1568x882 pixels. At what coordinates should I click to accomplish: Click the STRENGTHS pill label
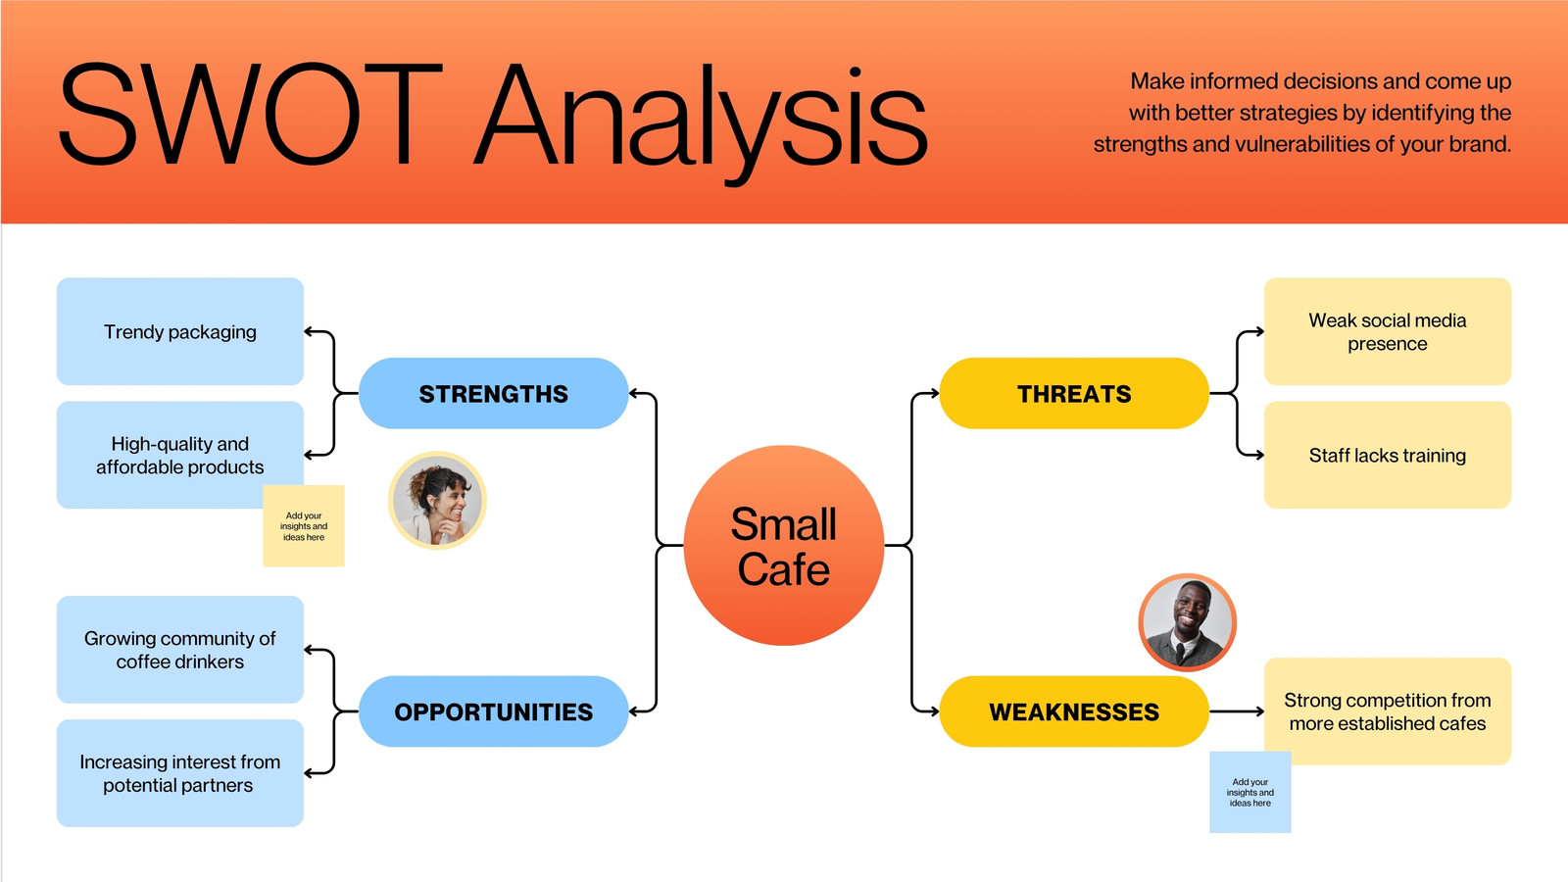click(x=493, y=394)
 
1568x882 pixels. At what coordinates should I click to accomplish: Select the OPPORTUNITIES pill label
click(x=493, y=712)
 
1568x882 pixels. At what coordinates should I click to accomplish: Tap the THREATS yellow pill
click(x=1074, y=394)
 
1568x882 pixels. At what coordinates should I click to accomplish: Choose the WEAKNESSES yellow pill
click(x=1074, y=712)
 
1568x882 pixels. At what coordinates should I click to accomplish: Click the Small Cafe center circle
click(x=784, y=546)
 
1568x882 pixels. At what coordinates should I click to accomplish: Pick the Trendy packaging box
click(x=180, y=331)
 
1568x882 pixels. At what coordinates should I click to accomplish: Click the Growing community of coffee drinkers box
click(x=180, y=650)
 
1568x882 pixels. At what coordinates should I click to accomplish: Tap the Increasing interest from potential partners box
click(x=180, y=773)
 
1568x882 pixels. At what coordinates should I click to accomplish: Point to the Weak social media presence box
click(x=1388, y=331)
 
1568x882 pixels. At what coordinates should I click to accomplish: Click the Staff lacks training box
click(x=1388, y=455)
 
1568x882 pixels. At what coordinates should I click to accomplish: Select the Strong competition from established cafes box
click(x=1388, y=711)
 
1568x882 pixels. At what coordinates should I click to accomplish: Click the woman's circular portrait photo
click(x=437, y=500)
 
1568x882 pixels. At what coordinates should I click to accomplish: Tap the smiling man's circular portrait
click(x=1187, y=622)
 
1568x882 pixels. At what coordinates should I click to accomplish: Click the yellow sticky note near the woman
click(x=304, y=526)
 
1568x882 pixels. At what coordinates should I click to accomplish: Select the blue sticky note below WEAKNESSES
click(x=1250, y=793)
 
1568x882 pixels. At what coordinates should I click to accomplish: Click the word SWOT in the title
click(x=250, y=115)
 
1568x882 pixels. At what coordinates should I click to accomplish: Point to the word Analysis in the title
click(x=701, y=118)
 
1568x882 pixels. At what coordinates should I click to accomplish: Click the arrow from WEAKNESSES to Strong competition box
click(x=1237, y=711)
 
